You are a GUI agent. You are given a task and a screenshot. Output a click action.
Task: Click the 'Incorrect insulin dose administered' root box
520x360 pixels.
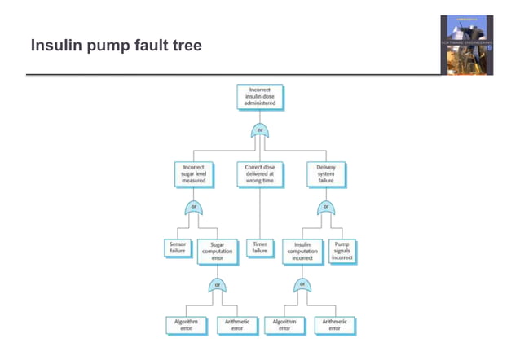[x=260, y=97]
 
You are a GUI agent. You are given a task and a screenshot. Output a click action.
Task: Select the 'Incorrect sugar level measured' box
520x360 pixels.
[x=194, y=173]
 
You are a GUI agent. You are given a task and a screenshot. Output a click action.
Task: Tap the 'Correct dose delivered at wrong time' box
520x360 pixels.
[x=260, y=173]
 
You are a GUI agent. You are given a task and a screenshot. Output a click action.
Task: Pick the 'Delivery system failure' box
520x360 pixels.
[x=326, y=173]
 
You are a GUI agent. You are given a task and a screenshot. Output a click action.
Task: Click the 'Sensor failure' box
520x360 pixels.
[x=177, y=248]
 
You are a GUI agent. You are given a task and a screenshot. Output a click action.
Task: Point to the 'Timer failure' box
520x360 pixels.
[x=260, y=248]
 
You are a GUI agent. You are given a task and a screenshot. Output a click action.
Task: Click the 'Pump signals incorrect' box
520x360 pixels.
[x=342, y=251]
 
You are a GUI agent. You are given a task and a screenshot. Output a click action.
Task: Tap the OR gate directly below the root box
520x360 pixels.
[x=260, y=131]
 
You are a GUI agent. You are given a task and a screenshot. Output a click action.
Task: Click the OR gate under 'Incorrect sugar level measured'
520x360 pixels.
[x=194, y=208]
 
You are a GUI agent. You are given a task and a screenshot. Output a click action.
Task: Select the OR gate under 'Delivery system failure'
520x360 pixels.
[x=326, y=208]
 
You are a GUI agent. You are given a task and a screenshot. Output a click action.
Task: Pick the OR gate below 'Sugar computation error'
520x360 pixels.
[x=218, y=285]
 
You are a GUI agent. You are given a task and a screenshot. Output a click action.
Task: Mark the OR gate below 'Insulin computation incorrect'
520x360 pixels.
[x=302, y=285]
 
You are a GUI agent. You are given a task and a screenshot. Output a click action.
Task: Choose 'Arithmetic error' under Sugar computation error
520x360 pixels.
[x=237, y=324]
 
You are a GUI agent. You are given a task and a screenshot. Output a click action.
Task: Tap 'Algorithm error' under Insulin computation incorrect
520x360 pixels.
[x=284, y=324]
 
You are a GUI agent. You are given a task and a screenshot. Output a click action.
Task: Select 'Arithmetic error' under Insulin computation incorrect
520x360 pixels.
[x=334, y=324]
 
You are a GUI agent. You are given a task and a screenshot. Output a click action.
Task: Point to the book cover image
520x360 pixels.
[x=467, y=44]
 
